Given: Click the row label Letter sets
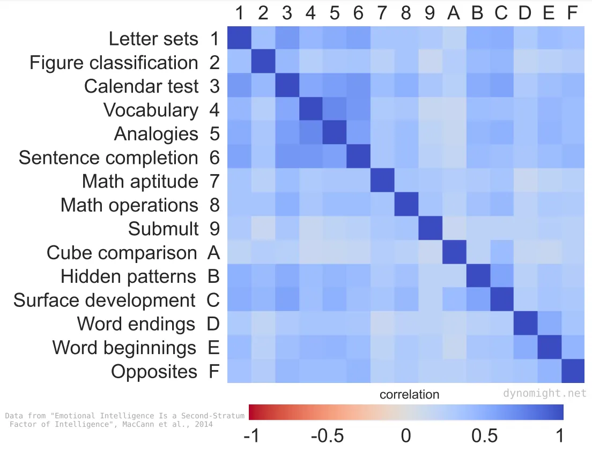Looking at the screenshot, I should (x=153, y=39).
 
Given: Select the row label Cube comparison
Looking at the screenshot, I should (x=122, y=252).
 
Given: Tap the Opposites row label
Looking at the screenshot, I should (x=154, y=371).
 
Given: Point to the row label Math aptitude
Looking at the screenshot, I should (x=140, y=181).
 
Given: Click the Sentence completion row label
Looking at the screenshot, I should (x=108, y=157).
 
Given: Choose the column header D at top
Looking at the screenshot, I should (x=524, y=13).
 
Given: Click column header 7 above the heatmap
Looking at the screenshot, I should (x=382, y=13).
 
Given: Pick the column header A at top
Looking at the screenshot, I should (x=453, y=13).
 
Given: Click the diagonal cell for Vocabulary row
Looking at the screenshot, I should (x=310, y=110).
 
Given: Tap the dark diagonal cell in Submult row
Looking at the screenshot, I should (x=430, y=229).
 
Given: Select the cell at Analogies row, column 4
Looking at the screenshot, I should (x=310, y=133).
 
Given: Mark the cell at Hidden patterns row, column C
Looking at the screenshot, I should (x=501, y=276).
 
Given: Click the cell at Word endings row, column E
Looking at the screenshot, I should (x=549, y=324).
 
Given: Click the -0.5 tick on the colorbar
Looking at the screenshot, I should (x=327, y=435).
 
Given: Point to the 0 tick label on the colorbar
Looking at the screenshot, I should (x=406, y=435).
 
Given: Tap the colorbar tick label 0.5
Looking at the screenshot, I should (x=485, y=435).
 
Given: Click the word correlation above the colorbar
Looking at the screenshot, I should (x=409, y=395).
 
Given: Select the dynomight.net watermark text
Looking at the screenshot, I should (x=545, y=393).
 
